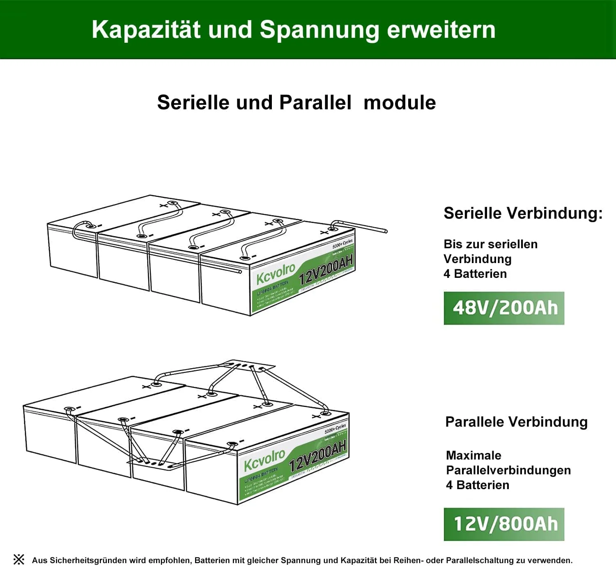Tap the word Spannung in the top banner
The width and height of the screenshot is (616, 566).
coord(319,30)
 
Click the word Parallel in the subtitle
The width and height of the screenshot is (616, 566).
coord(315,102)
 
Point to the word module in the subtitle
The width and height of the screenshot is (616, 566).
coord(400,102)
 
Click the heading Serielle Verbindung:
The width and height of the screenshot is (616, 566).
coord(523,213)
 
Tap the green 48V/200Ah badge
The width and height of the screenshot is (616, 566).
coord(504,308)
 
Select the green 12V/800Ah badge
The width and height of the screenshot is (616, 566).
coord(504,524)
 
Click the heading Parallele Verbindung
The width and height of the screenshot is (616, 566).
coord(516,422)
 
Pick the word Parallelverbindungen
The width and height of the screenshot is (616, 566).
coord(508,470)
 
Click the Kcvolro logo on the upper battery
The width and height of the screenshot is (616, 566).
coord(276,273)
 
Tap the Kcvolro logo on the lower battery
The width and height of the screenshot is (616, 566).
coord(264,460)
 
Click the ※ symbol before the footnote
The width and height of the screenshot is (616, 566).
coord(19,559)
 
